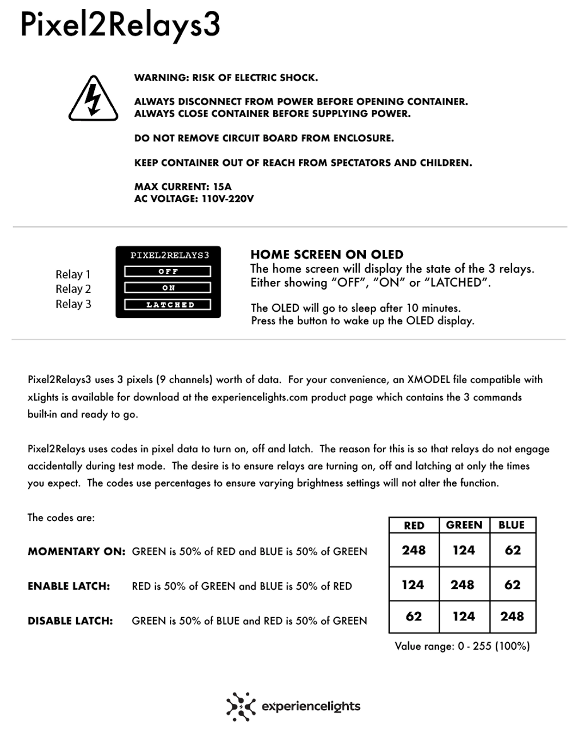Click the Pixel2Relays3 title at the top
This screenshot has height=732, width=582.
pyautogui.click(x=120, y=25)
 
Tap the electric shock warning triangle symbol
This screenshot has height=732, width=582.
pyautogui.click(x=93, y=100)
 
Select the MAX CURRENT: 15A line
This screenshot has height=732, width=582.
pyautogui.click(x=183, y=186)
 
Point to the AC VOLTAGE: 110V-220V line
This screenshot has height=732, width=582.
pyautogui.click(x=194, y=199)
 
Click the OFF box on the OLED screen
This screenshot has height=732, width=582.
pyautogui.click(x=168, y=272)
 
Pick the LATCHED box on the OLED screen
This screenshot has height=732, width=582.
pyautogui.click(x=168, y=305)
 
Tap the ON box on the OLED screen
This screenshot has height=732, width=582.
pyautogui.click(x=168, y=288)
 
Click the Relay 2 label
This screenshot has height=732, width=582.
pyautogui.click(x=73, y=289)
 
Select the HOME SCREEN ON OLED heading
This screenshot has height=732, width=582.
pyautogui.click(x=326, y=254)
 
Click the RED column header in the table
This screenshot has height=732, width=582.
pyautogui.click(x=414, y=526)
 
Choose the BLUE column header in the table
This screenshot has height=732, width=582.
pyautogui.click(x=512, y=525)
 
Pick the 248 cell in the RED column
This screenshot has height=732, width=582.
pyautogui.click(x=414, y=550)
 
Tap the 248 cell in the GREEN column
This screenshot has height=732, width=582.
pyautogui.click(x=463, y=584)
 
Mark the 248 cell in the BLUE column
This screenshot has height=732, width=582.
pyautogui.click(x=512, y=616)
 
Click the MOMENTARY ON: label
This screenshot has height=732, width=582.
pyautogui.click(x=76, y=552)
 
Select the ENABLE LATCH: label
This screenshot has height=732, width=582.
pyautogui.click(x=69, y=586)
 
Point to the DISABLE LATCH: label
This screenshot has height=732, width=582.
pyautogui.click(x=70, y=620)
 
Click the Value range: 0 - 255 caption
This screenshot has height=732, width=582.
pyautogui.click(x=462, y=646)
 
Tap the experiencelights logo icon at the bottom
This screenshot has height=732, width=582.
pyautogui.click(x=241, y=706)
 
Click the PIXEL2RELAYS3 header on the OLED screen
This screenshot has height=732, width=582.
pyautogui.click(x=169, y=255)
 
